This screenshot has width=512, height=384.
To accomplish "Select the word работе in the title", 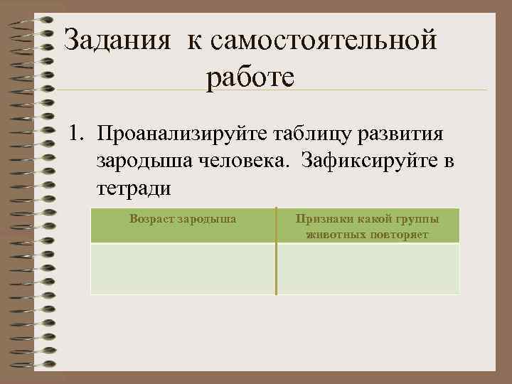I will point(250,78).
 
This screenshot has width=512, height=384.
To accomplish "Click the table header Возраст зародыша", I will point(183,219).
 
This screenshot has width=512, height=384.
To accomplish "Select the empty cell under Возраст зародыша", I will point(183,268).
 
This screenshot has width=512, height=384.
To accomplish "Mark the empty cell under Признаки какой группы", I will point(368,268).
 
